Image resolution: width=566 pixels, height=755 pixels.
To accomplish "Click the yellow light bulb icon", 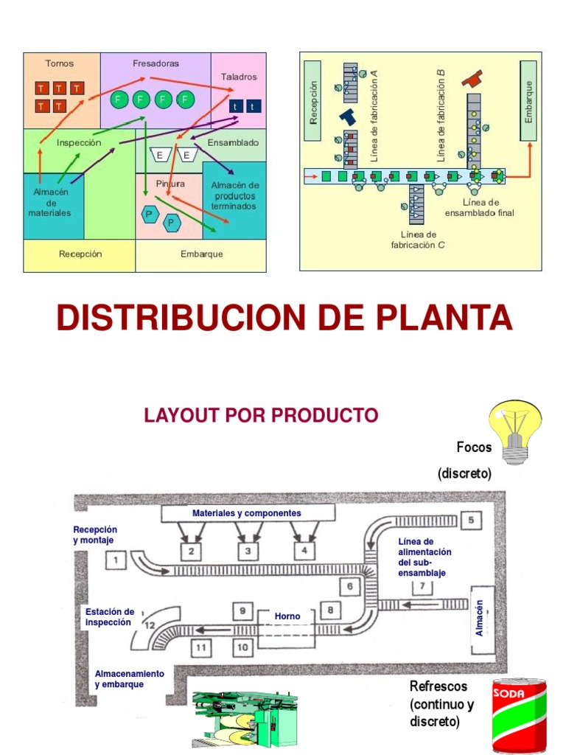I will point(516,431).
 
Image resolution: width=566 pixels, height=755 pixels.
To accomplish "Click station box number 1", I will point(116,561).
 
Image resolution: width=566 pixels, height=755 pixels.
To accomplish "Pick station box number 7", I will point(422,587).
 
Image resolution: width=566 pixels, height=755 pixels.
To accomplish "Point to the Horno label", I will point(287,616).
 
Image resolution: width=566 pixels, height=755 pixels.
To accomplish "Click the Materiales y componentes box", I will point(247,513).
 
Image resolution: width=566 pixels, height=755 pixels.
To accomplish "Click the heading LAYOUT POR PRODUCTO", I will point(261,415).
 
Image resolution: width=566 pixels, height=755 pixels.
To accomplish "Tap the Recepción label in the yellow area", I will point(80,254).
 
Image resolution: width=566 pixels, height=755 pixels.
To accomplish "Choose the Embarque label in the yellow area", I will point(201,254).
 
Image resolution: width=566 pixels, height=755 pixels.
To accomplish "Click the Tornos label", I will point(60,63).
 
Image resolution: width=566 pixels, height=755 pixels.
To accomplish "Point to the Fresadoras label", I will point(156,63).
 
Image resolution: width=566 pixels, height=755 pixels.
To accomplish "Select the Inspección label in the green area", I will point(79,143).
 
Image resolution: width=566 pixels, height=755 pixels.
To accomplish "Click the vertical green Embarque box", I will point(528,100).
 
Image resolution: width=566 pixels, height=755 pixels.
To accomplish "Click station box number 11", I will point(201,648).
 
